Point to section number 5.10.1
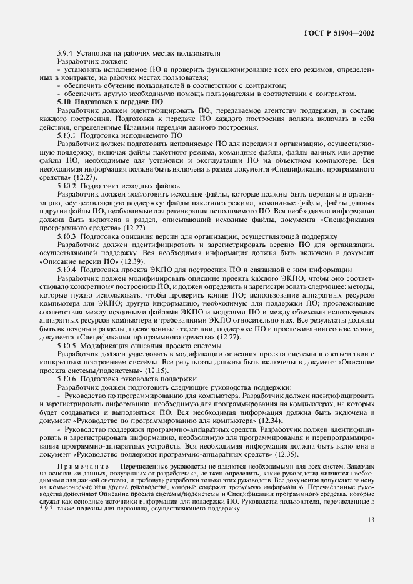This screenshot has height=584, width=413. pyautogui.click(x=67, y=134)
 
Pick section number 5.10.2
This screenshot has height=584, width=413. pyautogui.click(x=67, y=186)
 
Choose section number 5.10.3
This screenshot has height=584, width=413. pyautogui.click(x=67, y=237)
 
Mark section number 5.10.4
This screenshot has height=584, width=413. pyautogui.click(x=67, y=270)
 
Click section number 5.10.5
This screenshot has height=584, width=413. pyautogui.click(x=67, y=345)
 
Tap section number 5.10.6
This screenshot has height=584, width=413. pyautogui.click(x=67, y=378)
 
